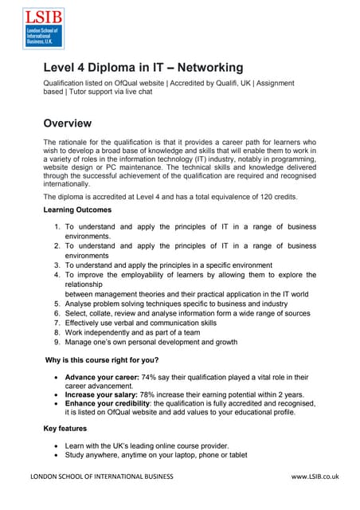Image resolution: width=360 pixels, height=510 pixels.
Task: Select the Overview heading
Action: (68, 123)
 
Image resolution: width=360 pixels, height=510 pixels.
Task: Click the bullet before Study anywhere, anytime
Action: (53, 455)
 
